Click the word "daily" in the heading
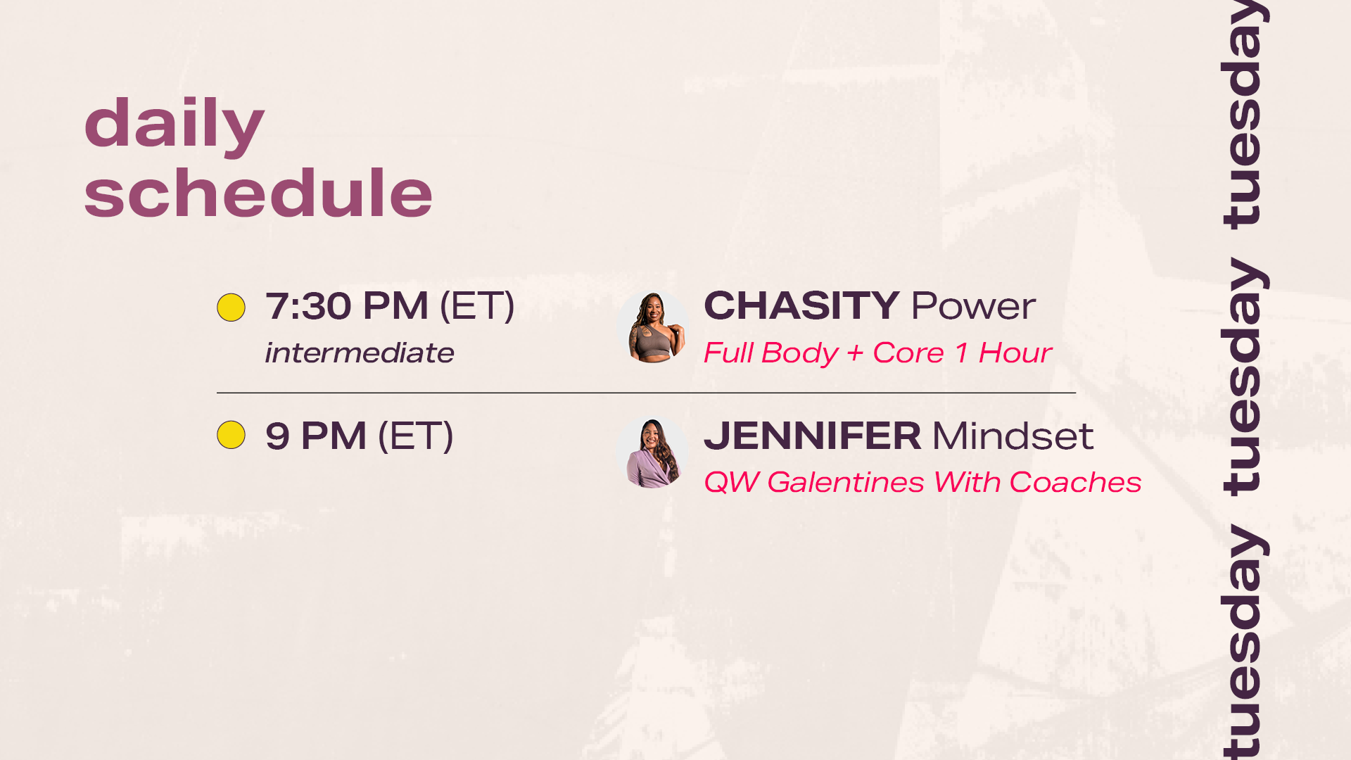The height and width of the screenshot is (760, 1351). click(x=174, y=125)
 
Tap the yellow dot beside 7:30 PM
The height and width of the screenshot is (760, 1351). click(x=231, y=308)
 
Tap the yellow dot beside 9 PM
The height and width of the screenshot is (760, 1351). click(x=231, y=435)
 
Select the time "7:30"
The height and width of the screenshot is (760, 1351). click(x=308, y=306)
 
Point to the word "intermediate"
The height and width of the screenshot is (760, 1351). click(x=360, y=353)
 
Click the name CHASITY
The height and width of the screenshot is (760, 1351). click(x=801, y=305)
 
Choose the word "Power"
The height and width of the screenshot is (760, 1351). click(x=974, y=306)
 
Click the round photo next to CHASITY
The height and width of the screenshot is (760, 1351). click(x=653, y=327)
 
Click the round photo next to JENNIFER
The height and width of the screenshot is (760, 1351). click(x=653, y=453)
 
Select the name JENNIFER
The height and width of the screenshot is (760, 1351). click(x=813, y=436)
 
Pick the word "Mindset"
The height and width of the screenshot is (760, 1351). click(x=1013, y=436)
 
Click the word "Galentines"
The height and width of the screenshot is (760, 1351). click(x=846, y=482)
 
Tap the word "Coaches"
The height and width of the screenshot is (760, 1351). click(x=1075, y=482)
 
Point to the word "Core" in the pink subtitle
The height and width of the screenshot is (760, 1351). click(x=908, y=353)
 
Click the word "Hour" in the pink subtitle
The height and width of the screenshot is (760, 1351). click(x=1015, y=353)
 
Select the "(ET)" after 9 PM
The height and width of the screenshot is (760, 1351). click(x=416, y=436)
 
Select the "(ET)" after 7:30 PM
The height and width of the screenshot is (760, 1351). click(x=477, y=306)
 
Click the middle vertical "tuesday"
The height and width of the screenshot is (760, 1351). click(x=1243, y=377)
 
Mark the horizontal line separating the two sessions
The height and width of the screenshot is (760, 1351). click(x=646, y=393)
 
